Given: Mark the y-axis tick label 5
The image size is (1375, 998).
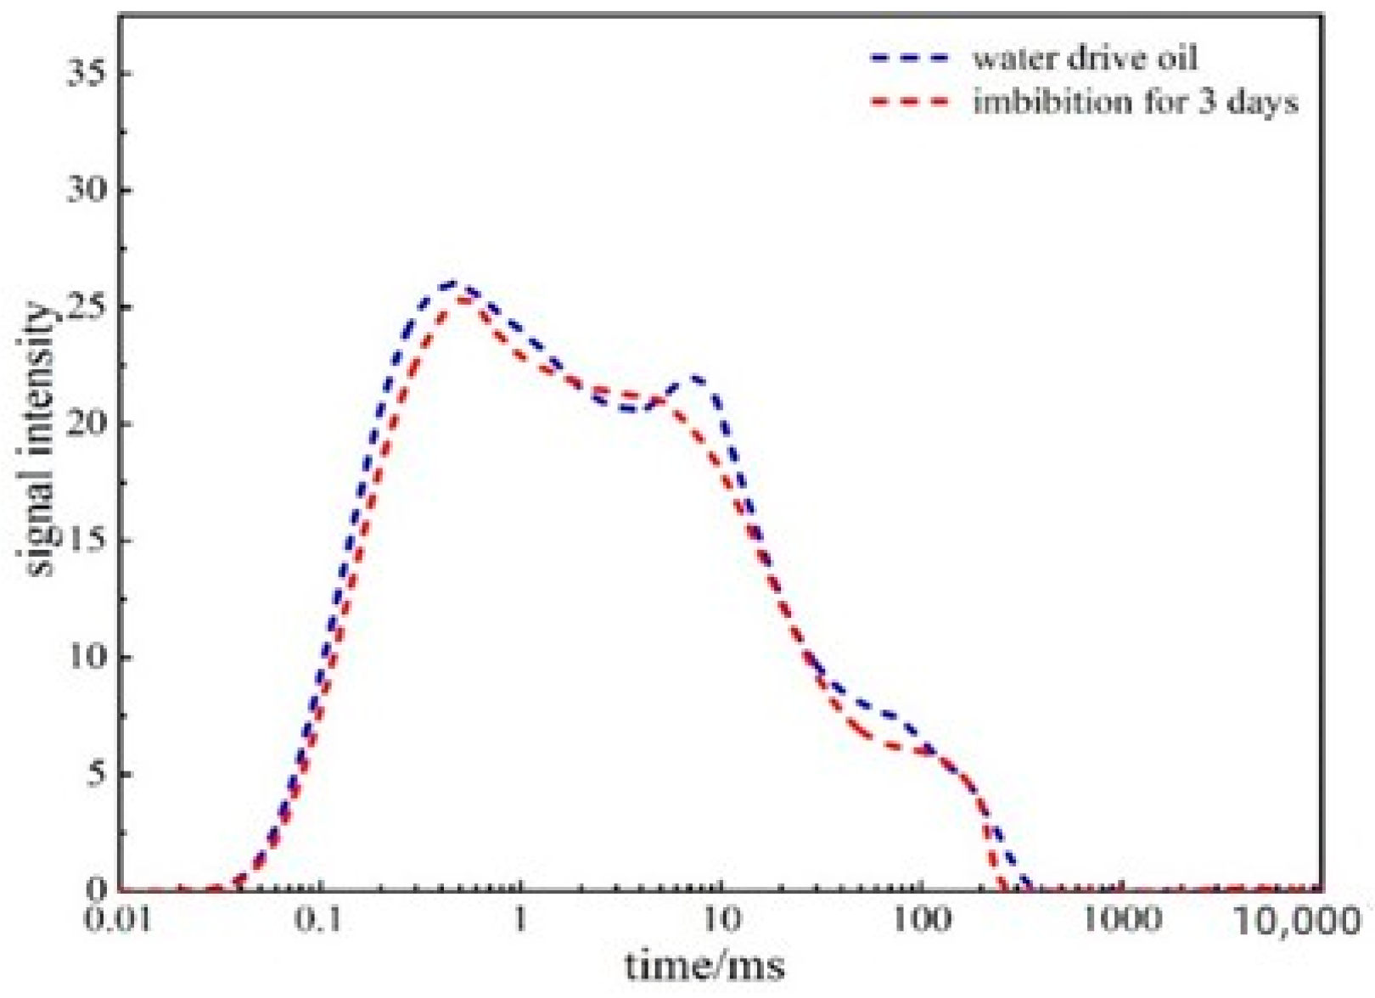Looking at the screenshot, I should pos(98,775).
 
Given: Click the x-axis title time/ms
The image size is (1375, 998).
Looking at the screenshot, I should pos(704,966).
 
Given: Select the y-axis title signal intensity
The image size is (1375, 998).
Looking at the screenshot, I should pos(38,441).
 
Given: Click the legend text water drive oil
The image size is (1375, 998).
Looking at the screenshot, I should pos(1086,58).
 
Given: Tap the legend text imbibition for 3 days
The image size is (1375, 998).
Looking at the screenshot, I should pos(1136,102).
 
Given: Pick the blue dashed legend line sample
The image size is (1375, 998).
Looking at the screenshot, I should pos(908,58).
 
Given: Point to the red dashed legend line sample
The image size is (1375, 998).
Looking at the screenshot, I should pos(908,102).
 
